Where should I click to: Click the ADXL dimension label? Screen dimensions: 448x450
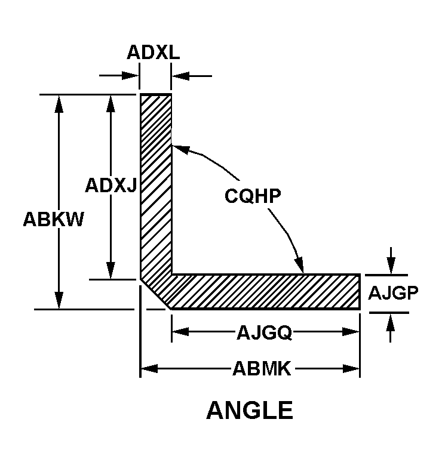pyautogui.click(x=154, y=53)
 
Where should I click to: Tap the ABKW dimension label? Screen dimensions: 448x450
pyautogui.click(x=53, y=219)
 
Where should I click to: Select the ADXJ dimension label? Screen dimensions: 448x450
pyautogui.click(x=111, y=185)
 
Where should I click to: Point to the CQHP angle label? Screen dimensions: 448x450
pyautogui.click(x=253, y=196)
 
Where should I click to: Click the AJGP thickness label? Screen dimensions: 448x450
pyautogui.click(x=393, y=292)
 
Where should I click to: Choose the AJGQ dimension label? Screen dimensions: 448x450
pyautogui.click(x=264, y=332)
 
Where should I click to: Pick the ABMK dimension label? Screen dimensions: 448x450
pyautogui.click(x=262, y=368)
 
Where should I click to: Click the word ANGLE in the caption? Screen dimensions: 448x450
pyautogui.click(x=250, y=411)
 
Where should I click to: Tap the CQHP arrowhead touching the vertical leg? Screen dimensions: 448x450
pyautogui.click(x=181, y=149)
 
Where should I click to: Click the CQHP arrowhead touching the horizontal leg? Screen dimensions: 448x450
pyautogui.click(x=299, y=264)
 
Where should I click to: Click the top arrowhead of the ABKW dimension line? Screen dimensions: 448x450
pyautogui.click(x=59, y=104)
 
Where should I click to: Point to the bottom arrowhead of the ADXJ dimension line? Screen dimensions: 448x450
pyautogui.click(x=111, y=270)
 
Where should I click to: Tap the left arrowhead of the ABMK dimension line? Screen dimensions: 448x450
pyautogui.click(x=149, y=368)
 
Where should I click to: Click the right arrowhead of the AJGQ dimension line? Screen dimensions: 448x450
pyautogui.click(x=351, y=332)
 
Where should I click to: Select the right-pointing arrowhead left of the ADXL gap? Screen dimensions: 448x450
pyautogui.click(x=130, y=76)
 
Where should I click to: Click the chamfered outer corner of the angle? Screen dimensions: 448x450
pyautogui.click(x=155, y=294)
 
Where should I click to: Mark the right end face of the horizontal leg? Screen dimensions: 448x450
pyautogui.click(x=360, y=292)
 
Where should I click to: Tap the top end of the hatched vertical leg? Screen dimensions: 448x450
pyautogui.click(x=156, y=94)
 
